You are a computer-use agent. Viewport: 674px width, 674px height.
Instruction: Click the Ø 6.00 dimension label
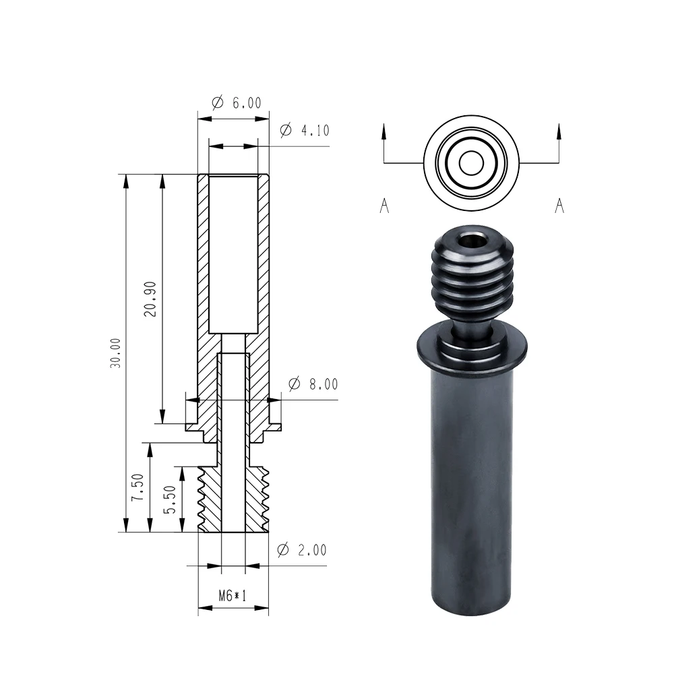(237, 102)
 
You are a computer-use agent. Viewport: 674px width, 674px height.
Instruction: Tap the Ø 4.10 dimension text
(305, 130)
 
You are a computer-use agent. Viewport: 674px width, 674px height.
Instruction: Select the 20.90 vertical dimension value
(150, 299)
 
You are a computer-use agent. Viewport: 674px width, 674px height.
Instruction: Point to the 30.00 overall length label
(115, 353)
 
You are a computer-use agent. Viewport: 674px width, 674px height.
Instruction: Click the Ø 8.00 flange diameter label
(313, 384)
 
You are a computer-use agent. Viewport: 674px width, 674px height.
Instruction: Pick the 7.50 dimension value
(137, 487)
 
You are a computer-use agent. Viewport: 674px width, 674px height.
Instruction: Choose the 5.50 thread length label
(171, 499)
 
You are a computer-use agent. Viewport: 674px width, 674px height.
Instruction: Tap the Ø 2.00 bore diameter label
(302, 549)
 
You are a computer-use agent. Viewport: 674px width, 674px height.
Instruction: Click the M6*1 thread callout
(233, 595)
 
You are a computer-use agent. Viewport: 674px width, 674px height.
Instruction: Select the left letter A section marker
(384, 206)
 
